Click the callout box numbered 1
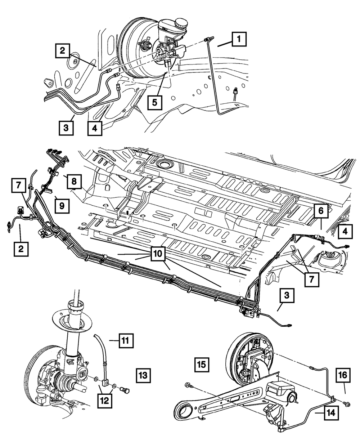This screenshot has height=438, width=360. (239, 39)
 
